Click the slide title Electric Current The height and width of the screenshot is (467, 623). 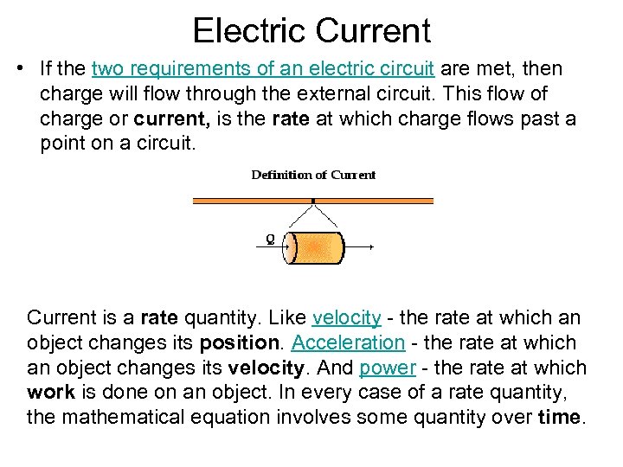pyautogui.click(x=311, y=31)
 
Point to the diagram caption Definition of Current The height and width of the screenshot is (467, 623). pyautogui.click(x=313, y=175)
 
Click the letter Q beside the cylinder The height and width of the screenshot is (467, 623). pyautogui.click(x=271, y=240)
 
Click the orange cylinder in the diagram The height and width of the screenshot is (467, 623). pyautogui.click(x=318, y=247)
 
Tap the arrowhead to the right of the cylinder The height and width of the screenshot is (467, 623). pyautogui.click(x=371, y=247)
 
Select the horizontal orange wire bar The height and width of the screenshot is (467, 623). pyautogui.click(x=311, y=201)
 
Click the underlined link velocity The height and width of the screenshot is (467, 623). pyautogui.click(x=346, y=317)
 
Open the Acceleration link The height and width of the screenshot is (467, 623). pyautogui.click(x=348, y=342)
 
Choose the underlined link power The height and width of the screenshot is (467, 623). pyautogui.click(x=388, y=368)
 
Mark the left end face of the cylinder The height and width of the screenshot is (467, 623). pyautogui.click(x=292, y=247)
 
